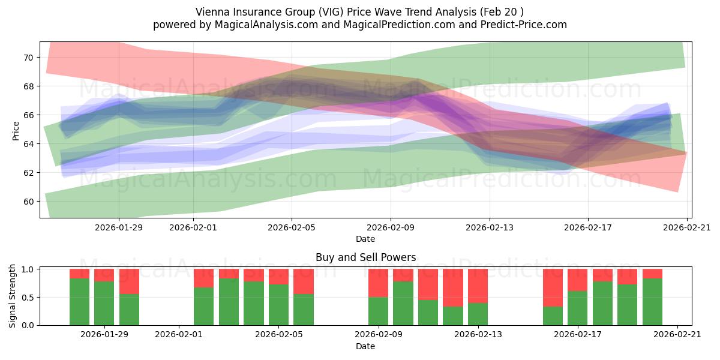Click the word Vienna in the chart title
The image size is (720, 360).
pyautogui.click(x=210, y=12)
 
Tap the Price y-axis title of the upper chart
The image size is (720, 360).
pyautogui.click(x=16, y=130)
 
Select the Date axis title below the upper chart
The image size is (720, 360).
pyautogui.click(x=365, y=239)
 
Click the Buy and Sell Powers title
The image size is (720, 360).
pyautogui.click(x=365, y=257)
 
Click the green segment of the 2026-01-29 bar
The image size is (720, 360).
pyautogui.click(x=104, y=304)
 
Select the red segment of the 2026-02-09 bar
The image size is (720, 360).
pyautogui.click(x=378, y=283)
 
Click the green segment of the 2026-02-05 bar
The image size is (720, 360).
pyautogui.click(x=278, y=305)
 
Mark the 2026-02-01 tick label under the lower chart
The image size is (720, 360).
pyautogui.click(x=179, y=335)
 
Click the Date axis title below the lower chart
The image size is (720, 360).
pyautogui.click(x=365, y=346)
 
